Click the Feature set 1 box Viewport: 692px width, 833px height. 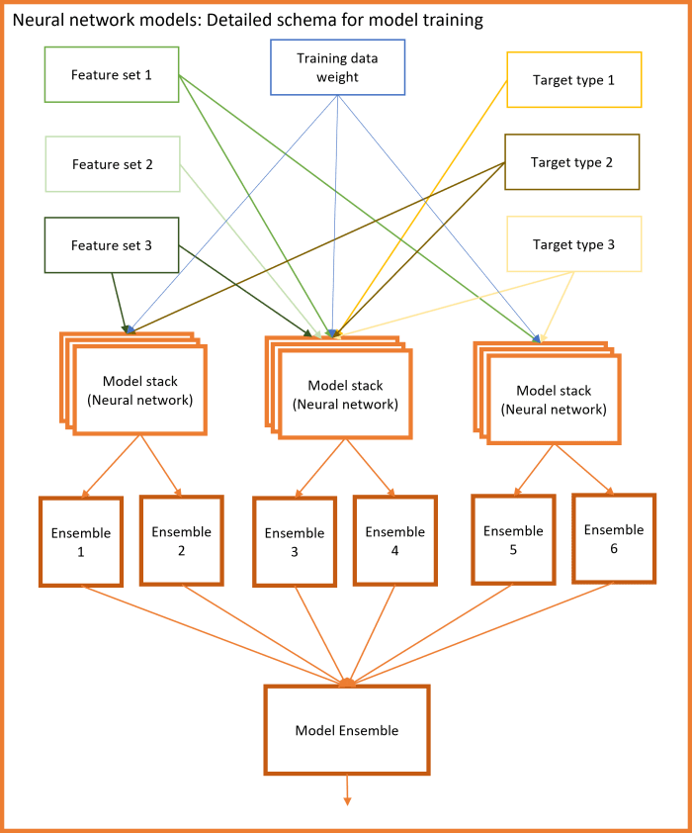coord(112,75)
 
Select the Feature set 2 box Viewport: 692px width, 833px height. coord(112,164)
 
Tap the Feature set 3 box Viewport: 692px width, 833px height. coord(112,245)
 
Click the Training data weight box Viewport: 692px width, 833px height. coord(337,67)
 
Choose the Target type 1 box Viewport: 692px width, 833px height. coord(573,79)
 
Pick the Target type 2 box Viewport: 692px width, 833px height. coord(571,162)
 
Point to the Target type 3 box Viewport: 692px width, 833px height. coord(573,244)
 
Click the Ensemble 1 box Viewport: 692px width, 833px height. coord(81,542)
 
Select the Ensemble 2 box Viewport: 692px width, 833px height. coord(181,540)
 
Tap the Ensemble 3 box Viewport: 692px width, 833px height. coord(295,542)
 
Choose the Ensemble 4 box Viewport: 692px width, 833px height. coord(394,540)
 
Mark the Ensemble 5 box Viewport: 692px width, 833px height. coord(513,539)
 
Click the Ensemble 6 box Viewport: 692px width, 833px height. coord(613,538)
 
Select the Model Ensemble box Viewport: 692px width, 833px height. coord(347,730)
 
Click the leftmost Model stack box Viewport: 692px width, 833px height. coord(139,390)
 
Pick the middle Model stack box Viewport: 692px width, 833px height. coord(345,395)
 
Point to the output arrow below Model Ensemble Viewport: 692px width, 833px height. coord(347,790)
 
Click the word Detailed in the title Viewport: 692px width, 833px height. coord(231,20)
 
